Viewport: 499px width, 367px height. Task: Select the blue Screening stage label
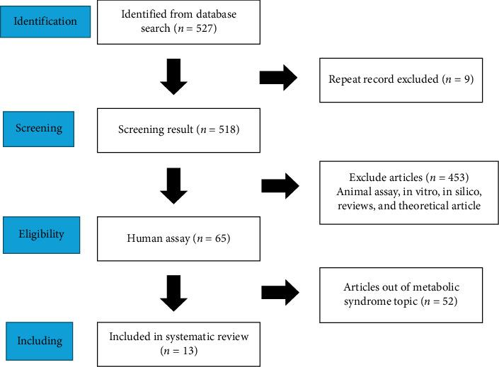click(40, 129)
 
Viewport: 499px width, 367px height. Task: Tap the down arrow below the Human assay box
click(174, 291)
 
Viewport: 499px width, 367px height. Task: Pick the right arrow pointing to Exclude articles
click(280, 186)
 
